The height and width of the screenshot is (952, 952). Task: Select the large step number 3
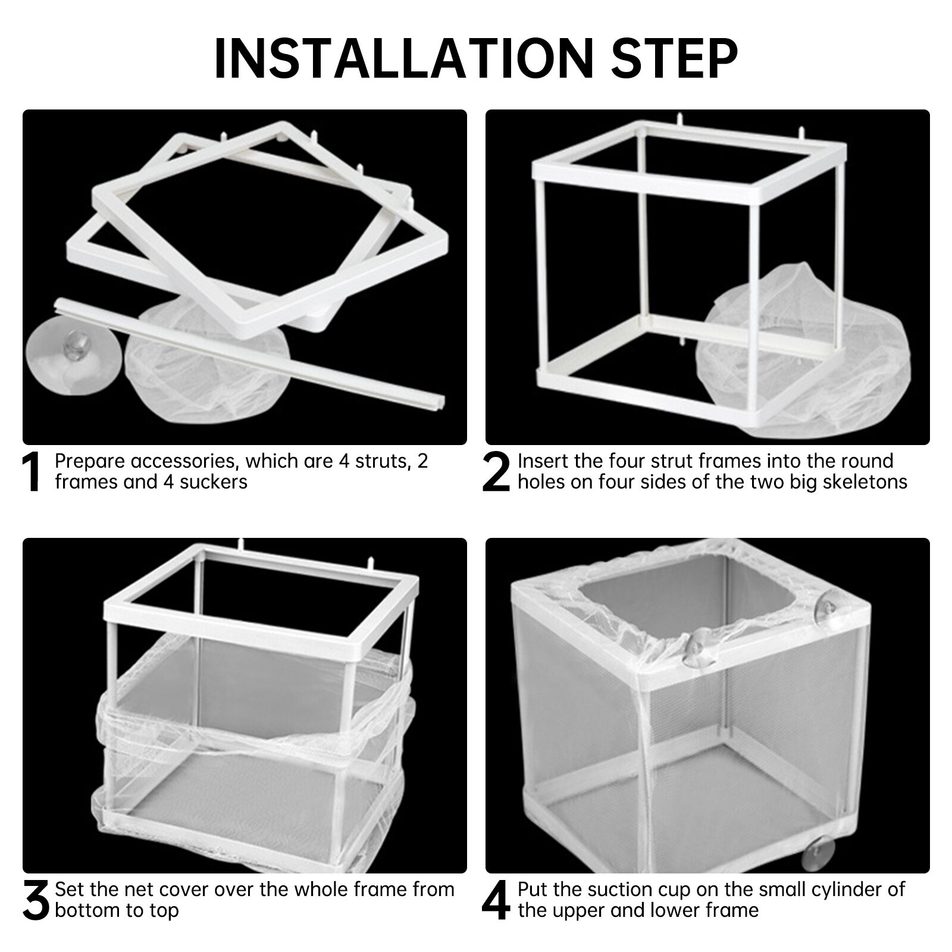tap(35, 901)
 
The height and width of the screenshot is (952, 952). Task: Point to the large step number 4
tap(496, 901)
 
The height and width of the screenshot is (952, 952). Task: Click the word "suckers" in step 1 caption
tap(214, 481)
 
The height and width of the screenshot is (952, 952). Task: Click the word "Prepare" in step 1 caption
tap(89, 461)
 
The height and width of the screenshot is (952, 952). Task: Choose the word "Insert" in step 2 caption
tap(543, 461)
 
